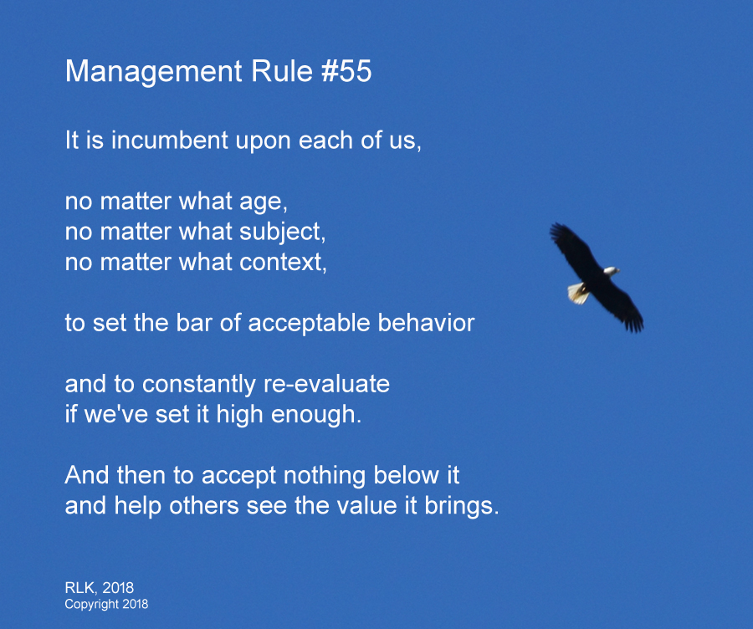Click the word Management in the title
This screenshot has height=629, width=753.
[x=154, y=73]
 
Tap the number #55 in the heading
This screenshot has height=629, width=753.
[x=346, y=71]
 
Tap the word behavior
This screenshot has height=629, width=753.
[x=426, y=322]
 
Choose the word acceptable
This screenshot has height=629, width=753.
[x=309, y=324]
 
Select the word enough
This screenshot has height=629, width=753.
[x=316, y=414]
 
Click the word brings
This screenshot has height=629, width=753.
[x=462, y=506]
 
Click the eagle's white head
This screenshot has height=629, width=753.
[x=612, y=271]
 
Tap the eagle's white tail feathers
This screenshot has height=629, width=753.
[x=578, y=293]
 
